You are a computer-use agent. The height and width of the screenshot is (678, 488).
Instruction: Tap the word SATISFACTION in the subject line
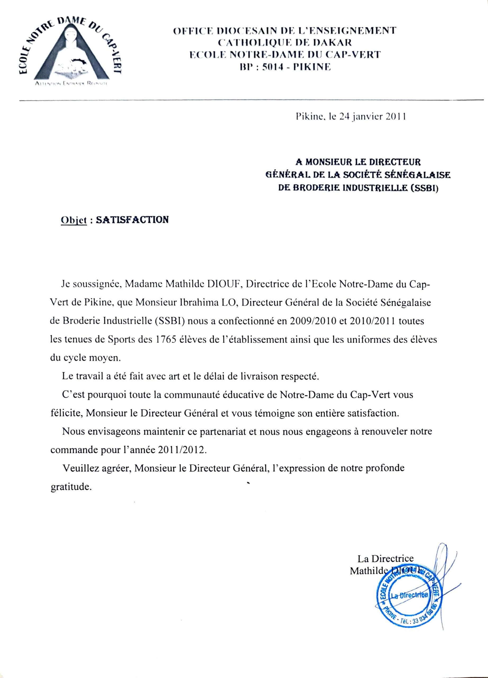tap(132, 220)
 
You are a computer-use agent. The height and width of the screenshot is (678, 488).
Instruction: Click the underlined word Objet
tap(74, 220)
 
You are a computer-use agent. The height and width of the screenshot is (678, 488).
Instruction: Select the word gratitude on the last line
tap(70, 487)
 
